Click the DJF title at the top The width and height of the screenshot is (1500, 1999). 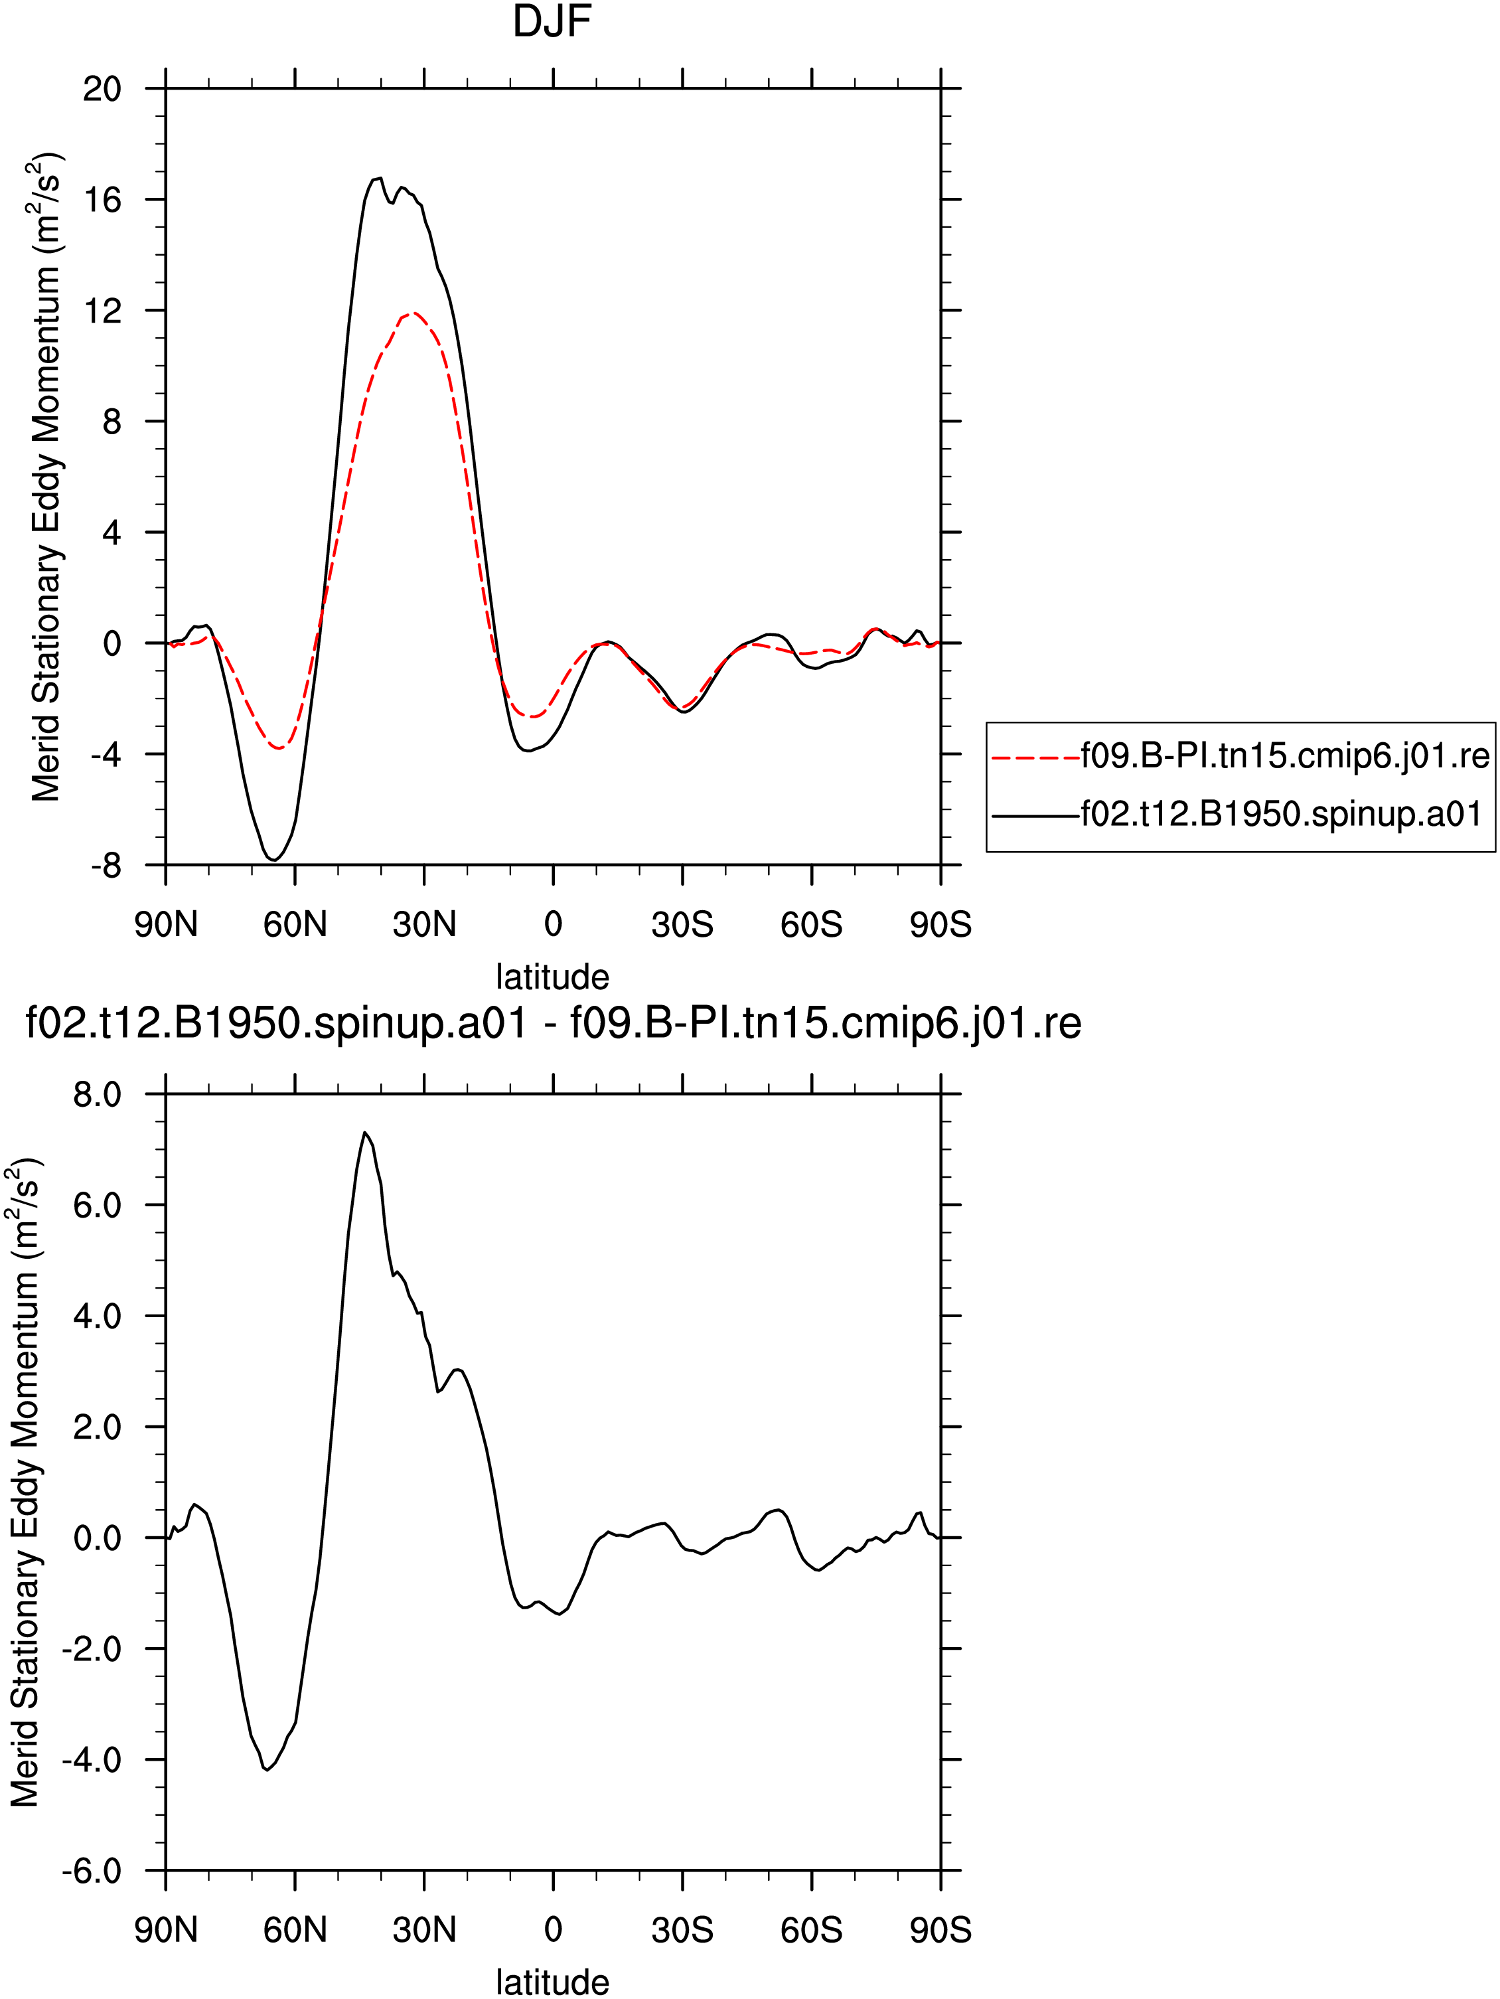coord(552,22)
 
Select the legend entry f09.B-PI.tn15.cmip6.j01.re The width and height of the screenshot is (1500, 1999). coord(1240,756)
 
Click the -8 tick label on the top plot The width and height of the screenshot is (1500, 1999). coord(106,866)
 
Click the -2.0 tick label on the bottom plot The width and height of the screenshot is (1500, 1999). coord(92,1649)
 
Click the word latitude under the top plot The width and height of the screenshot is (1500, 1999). coord(552,977)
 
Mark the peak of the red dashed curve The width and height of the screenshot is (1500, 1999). coord(413,313)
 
